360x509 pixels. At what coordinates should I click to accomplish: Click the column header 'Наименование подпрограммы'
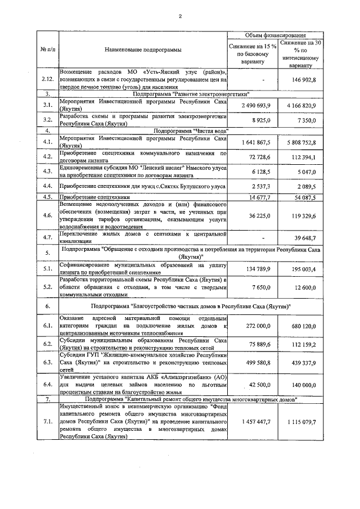(143, 50)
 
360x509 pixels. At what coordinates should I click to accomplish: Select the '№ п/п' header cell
(48, 50)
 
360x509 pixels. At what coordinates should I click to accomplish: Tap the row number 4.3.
(48, 171)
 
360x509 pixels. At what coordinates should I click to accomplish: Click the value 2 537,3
(259, 186)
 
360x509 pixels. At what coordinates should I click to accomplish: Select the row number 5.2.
(48, 287)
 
